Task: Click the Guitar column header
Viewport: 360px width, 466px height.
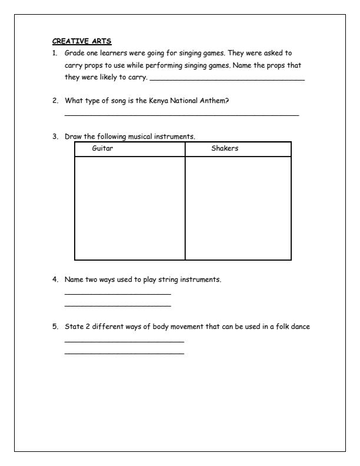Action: pyautogui.click(x=102, y=149)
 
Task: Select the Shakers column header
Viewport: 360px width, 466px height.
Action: pyautogui.click(x=225, y=149)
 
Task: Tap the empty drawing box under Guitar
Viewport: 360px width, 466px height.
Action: pyautogui.click(x=129, y=208)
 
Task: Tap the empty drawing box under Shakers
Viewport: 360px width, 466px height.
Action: pyautogui.click(x=238, y=208)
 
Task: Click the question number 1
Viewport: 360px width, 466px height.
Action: pyautogui.click(x=55, y=53)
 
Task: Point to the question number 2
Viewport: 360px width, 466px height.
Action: pyautogui.click(x=55, y=101)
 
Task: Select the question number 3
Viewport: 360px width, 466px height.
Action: pyautogui.click(x=55, y=137)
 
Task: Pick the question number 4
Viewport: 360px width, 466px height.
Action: pyautogui.click(x=55, y=279)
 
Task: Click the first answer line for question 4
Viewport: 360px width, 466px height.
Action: pyautogui.click(x=118, y=294)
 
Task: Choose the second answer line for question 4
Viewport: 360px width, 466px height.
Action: pyautogui.click(x=118, y=305)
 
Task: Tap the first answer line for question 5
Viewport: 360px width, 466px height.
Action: pyautogui.click(x=124, y=342)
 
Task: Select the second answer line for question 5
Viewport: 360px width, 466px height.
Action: pyautogui.click(x=124, y=354)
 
